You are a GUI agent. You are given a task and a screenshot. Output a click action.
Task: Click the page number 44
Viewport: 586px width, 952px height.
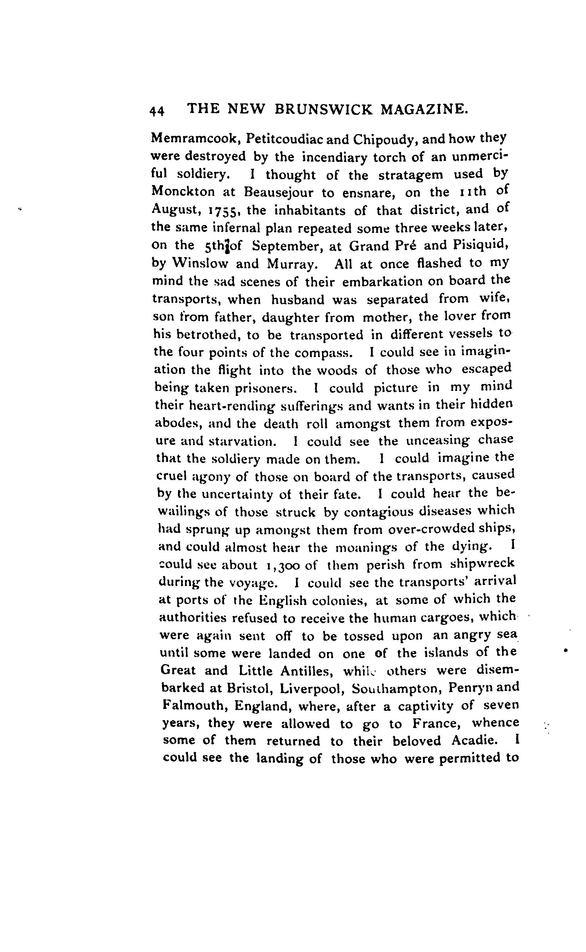(157, 111)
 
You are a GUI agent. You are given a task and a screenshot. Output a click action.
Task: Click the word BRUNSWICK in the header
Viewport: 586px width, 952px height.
(323, 109)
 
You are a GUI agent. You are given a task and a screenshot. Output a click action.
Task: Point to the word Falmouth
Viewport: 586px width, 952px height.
(194, 706)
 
